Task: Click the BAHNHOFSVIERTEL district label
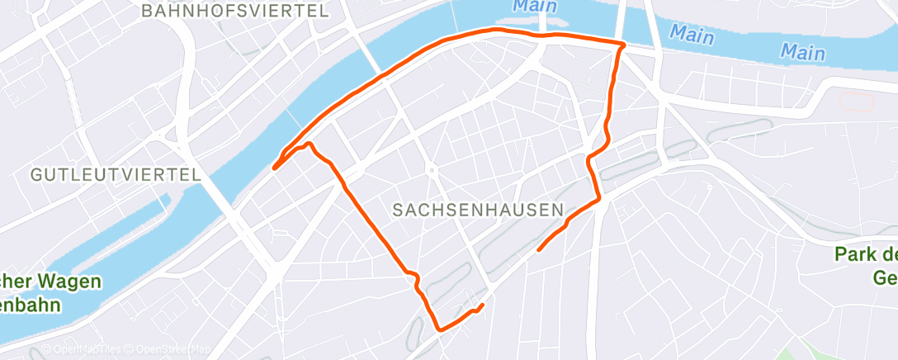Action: click(235, 11)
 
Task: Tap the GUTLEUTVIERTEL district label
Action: click(116, 175)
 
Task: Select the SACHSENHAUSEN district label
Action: click(471, 210)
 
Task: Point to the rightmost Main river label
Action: click(803, 52)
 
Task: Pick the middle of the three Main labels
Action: click(692, 34)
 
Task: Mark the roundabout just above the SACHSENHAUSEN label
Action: click(431, 170)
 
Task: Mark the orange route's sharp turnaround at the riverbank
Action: click(274, 168)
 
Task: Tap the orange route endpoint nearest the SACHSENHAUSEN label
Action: click(539, 249)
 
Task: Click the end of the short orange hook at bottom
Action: click(482, 306)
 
